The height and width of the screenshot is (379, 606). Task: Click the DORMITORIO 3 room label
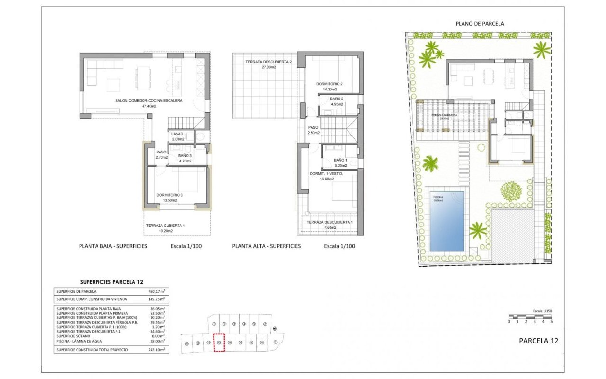click(169, 195)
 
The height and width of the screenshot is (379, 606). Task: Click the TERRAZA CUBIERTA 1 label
click(165, 226)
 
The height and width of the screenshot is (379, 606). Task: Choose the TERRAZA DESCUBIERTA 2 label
click(268, 62)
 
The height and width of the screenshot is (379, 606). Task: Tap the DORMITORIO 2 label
click(329, 84)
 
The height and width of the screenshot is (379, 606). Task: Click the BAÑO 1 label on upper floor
click(340, 160)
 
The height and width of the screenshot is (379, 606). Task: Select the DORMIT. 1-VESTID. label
click(326, 174)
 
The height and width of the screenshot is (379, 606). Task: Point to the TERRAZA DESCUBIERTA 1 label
click(329, 222)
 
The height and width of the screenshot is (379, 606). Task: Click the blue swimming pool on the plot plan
click(447, 223)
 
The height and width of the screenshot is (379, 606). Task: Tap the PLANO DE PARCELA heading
click(480, 23)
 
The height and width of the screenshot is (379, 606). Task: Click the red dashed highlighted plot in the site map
click(219, 343)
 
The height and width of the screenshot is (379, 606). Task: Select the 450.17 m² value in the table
click(156, 291)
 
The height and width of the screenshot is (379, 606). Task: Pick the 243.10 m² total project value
click(156, 350)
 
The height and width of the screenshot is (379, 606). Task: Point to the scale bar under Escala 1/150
click(530, 316)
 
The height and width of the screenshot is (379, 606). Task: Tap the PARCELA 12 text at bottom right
click(538, 341)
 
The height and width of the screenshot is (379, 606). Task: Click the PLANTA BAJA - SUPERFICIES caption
click(113, 246)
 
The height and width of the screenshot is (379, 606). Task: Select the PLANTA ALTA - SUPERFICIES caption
click(266, 246)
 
